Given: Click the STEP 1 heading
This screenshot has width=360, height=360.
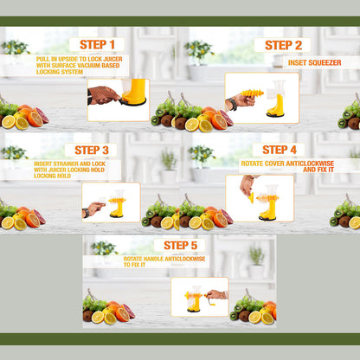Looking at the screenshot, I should [x=97, y=45].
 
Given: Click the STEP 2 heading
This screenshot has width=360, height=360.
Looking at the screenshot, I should [x=282, y=45].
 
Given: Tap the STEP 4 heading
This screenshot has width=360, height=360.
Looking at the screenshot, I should [x=279, y=150].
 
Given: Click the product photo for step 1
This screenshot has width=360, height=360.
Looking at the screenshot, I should [x=118, y=100].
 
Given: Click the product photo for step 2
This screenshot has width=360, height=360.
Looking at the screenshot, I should [x=261, y=97].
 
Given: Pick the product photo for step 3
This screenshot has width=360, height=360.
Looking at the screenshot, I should [x=111, y=202].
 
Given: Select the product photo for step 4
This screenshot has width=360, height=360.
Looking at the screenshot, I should [x=259, y=197].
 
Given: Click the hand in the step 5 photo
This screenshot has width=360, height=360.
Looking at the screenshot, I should [x=215, y=295].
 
